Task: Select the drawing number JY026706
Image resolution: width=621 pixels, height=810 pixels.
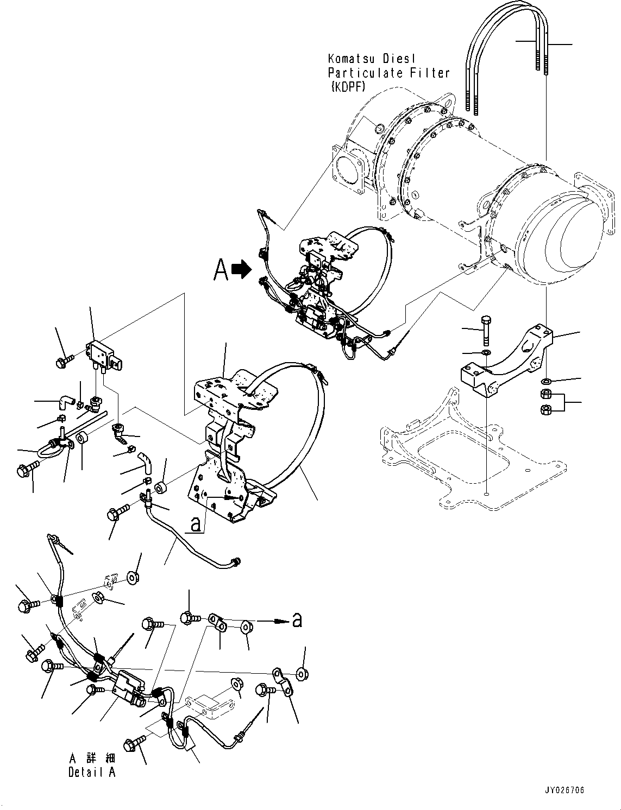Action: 564,790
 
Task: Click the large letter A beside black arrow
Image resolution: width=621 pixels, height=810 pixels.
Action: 221,269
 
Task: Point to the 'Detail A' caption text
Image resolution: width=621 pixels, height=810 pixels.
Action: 92,772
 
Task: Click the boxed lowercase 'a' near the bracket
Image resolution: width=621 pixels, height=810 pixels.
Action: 197,524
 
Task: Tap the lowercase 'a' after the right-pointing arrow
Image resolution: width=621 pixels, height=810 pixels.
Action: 297,619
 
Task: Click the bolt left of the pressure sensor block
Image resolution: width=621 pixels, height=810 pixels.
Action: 67,359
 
